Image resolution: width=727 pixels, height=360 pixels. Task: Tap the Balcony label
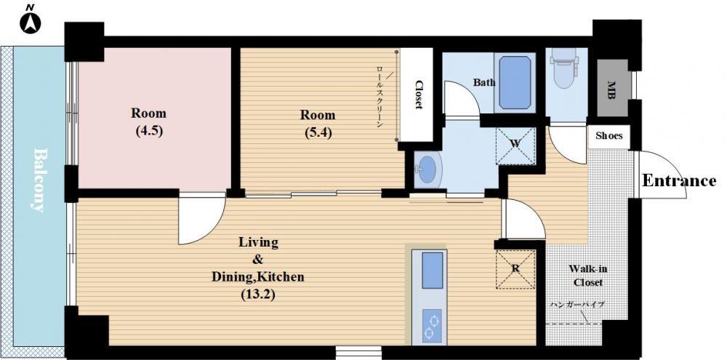click(41, 180)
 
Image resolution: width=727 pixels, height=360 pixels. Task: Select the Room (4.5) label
click(148, 121)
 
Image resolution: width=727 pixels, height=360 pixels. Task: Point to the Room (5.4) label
click(318, 123)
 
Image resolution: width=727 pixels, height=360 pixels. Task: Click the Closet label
click(419, 95)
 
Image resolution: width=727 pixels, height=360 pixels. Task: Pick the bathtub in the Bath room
click(515, 83)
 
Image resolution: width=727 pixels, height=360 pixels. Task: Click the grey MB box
click(612, 88)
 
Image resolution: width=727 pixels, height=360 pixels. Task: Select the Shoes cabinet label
click(608, 137)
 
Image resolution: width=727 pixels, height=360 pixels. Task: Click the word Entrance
click(679, 180)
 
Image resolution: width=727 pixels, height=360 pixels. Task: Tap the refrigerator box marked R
click(515, 269)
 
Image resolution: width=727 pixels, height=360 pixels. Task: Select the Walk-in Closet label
click(588, 276)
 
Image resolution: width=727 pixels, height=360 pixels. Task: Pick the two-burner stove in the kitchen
click(433, 326)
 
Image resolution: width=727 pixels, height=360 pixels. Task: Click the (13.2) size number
click(258, 294)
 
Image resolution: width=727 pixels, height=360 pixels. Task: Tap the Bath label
click(484, 83)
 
